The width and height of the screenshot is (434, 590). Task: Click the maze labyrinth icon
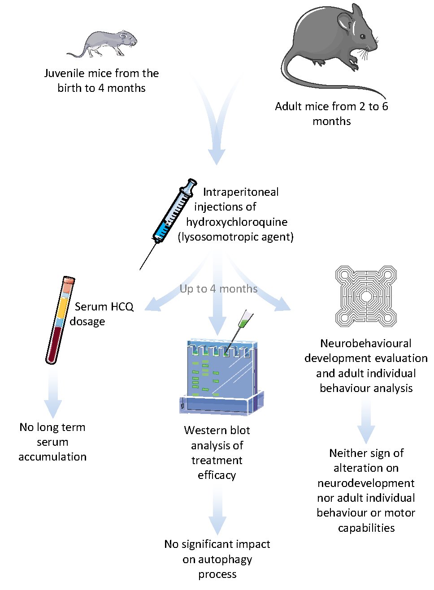366,296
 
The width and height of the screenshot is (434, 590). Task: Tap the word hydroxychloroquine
237,222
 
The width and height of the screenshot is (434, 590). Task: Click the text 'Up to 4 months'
218,289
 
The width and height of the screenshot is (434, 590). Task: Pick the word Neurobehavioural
366,344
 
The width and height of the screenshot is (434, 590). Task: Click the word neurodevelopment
366,483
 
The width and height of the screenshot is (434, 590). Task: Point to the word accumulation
52,457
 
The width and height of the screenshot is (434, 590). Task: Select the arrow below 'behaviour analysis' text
366,421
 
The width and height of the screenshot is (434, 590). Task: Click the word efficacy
217,475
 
